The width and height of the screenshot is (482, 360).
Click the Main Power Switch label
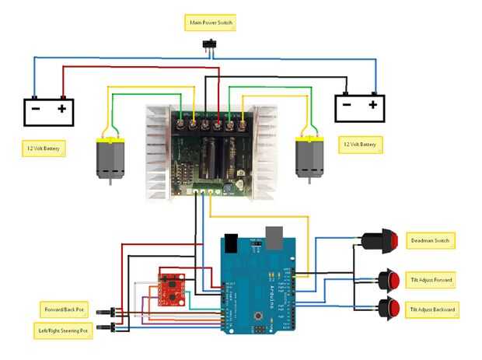tap(211, 23)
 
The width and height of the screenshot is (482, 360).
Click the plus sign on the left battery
tap(61, 110)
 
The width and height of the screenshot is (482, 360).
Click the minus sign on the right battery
tap(348, 104)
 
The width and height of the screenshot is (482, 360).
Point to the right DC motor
tap(307, 156)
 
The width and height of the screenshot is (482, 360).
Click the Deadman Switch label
tap(431, 240)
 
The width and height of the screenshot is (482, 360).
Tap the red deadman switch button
tap(384, 241)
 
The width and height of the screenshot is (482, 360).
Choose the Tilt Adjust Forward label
tap(432, 279)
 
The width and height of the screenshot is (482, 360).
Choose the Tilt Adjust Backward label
tap(433, 309)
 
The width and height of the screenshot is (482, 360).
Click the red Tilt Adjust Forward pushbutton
tap(389, 279)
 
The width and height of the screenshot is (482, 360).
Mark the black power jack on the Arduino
tap(229, 242)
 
